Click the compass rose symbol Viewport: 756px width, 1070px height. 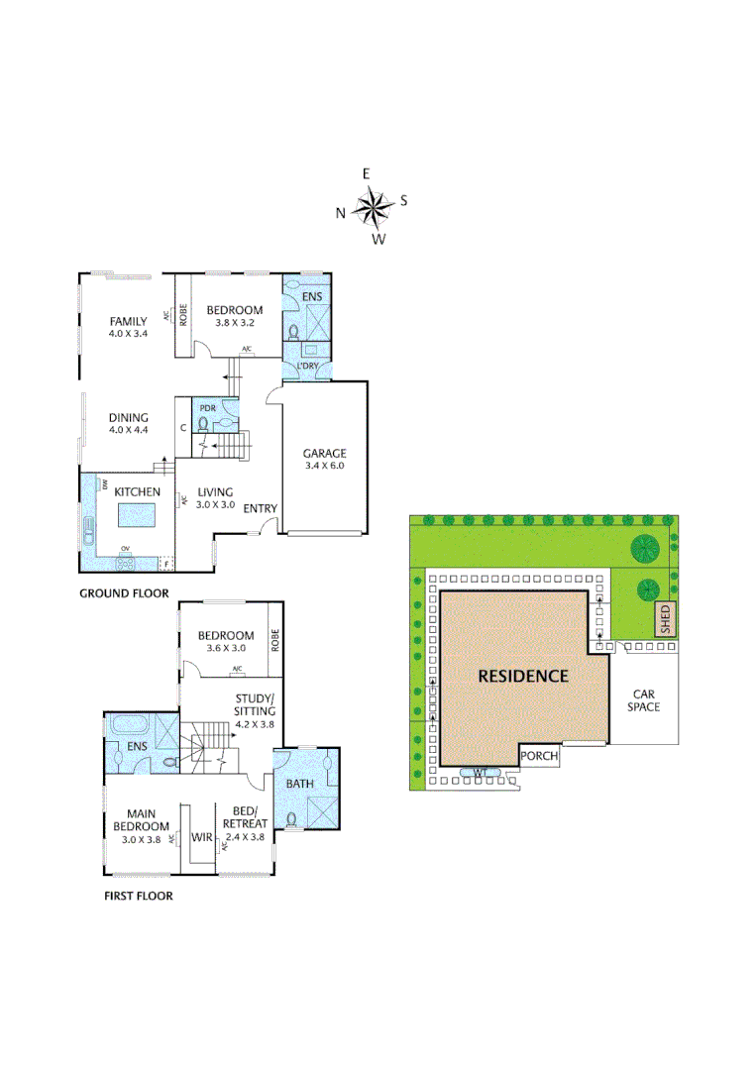click(373, 207)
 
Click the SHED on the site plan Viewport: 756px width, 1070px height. click(665, 618)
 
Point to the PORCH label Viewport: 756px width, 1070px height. click(540, 756)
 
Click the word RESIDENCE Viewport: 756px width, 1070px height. click(523, 676)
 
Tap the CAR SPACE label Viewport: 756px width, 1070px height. click(643, 700)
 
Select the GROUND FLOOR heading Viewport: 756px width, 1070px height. click(124, 593)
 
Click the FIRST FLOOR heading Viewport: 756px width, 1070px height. click(139, 896)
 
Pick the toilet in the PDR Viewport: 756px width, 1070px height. click(205, 423)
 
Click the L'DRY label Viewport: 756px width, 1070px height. click(307, 368)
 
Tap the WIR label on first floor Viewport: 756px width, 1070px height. click(203, 837)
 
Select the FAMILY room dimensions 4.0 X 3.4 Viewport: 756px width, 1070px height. click(128, 333)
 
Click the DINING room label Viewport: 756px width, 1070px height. click(128, 417)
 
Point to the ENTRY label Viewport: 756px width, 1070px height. click(261, 508)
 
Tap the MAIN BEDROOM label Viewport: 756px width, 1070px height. click(141, 820)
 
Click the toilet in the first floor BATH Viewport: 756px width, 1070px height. click(292, 818)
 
